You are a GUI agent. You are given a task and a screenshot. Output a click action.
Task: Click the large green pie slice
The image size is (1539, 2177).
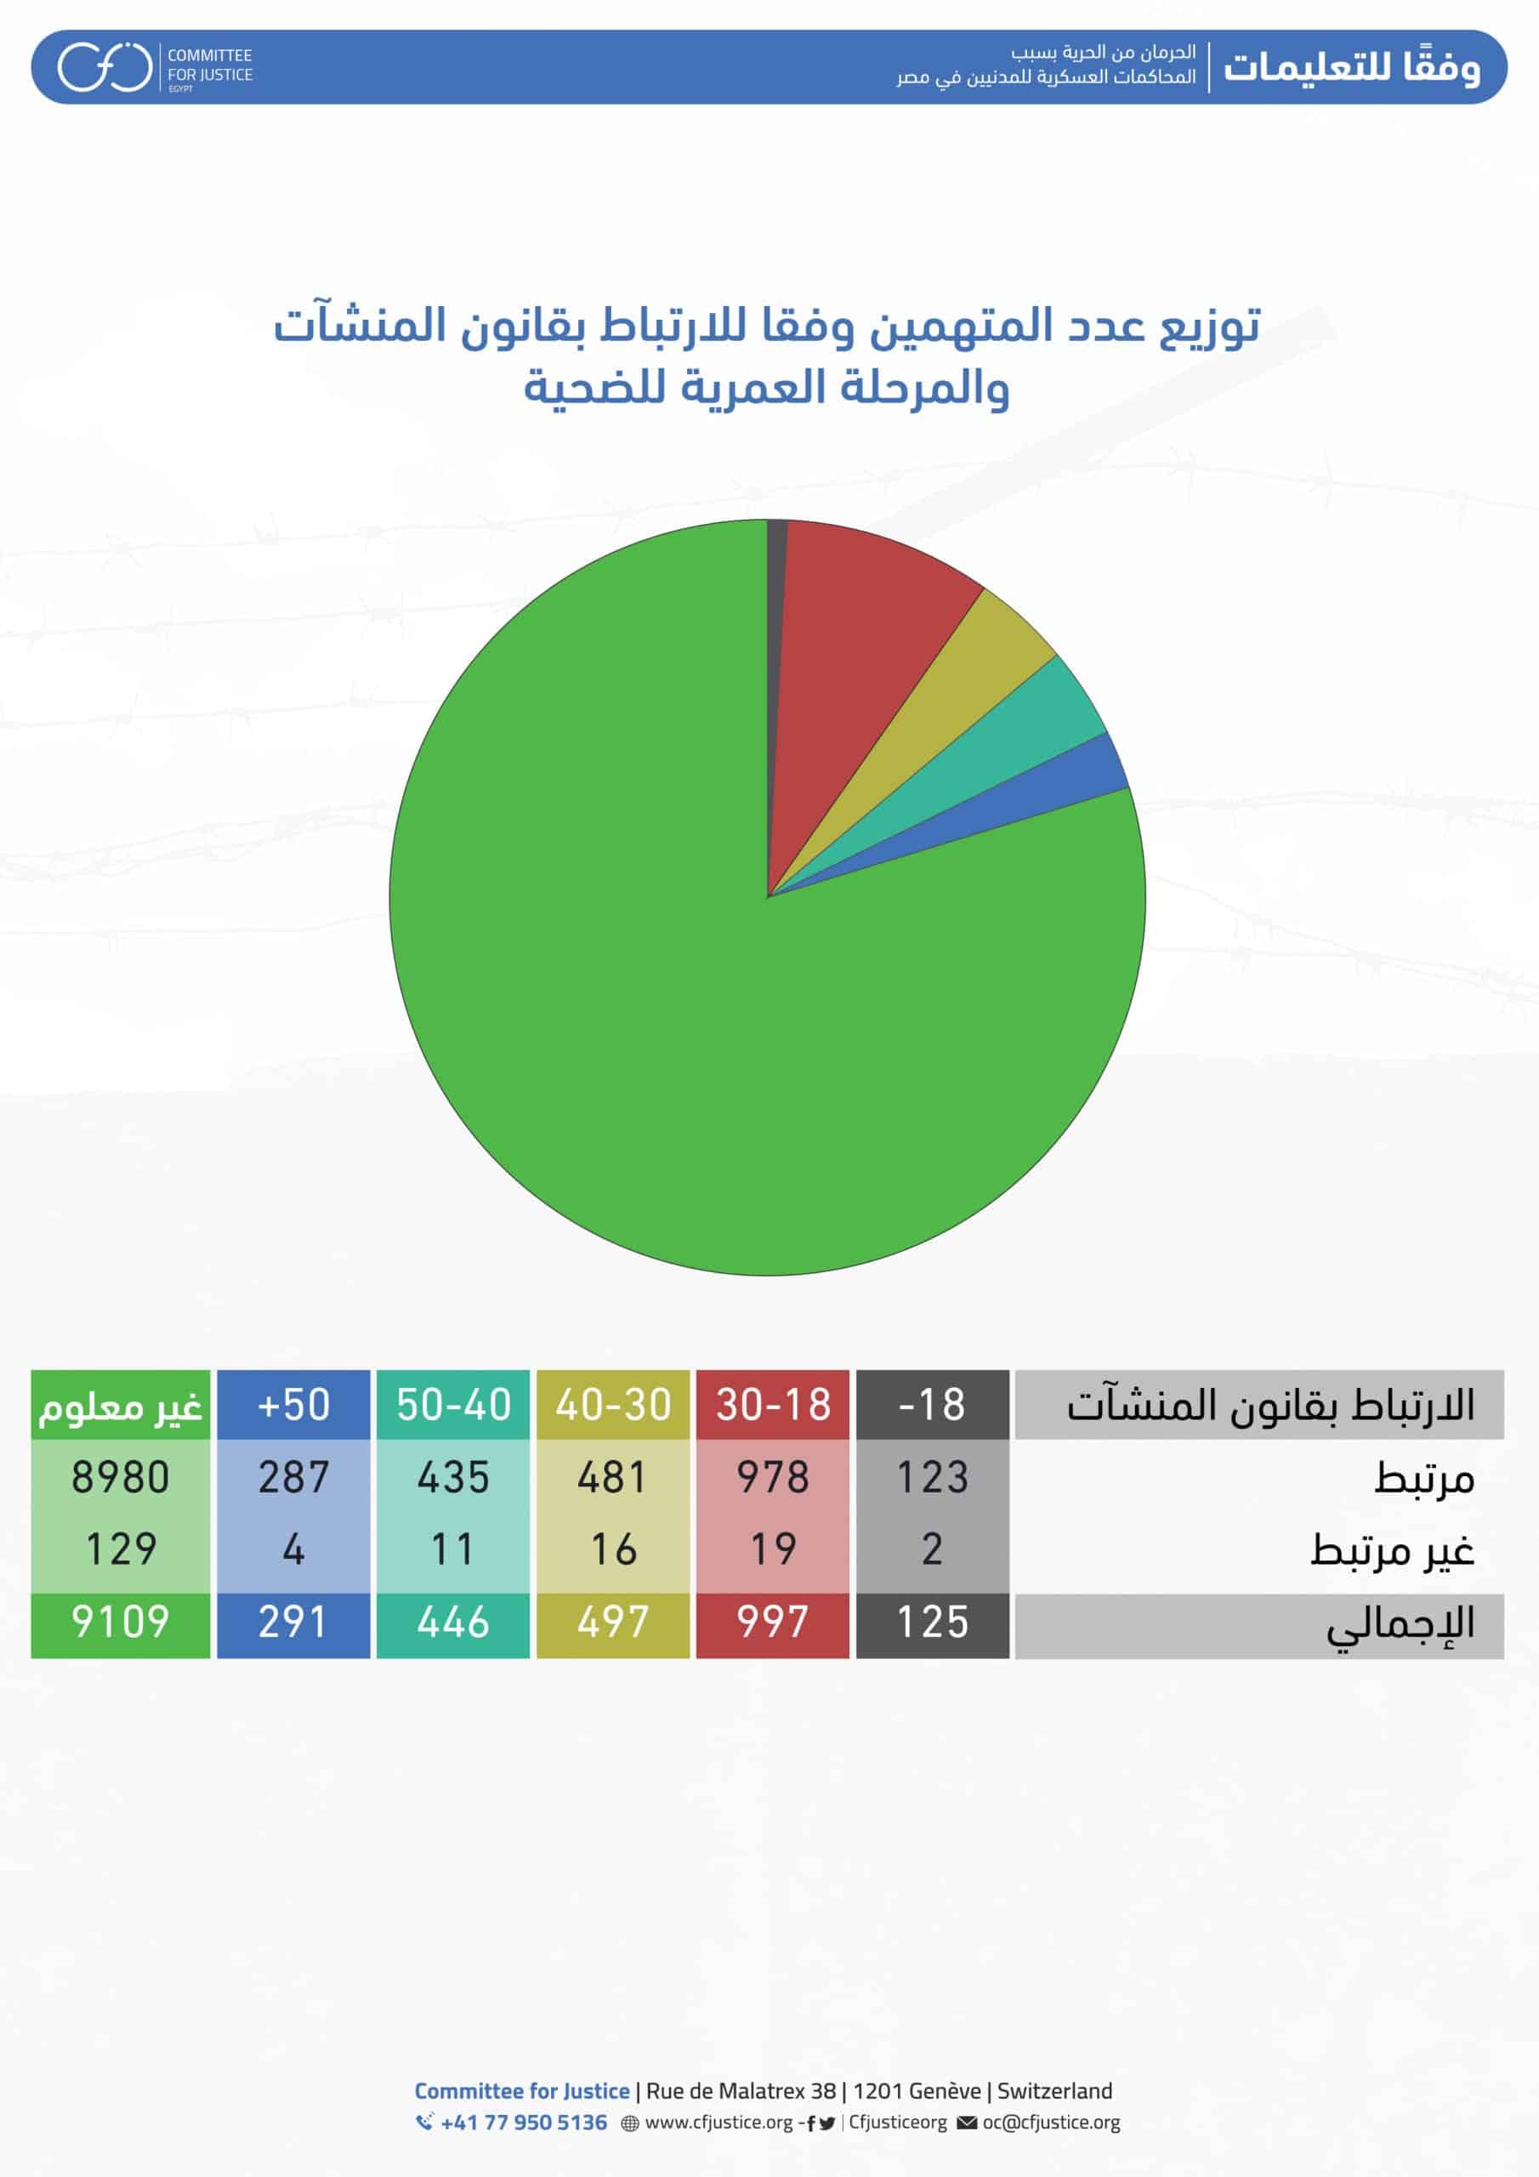(664, 996)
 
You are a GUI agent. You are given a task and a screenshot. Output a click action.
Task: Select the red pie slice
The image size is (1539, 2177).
(854, 645)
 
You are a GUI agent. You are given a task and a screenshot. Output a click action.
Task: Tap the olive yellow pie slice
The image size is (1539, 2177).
(957, 692)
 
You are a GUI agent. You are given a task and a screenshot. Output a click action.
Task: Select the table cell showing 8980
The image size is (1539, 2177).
(121, 1477)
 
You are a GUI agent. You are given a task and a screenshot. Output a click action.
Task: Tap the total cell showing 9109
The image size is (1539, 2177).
(121, 1622)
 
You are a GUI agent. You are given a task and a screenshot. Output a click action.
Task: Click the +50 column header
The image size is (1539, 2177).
(293, 1404)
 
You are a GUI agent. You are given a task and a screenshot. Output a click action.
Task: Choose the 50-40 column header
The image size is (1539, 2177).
(453, 1404)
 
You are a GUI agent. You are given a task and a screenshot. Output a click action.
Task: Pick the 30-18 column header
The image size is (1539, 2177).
(773, 1404)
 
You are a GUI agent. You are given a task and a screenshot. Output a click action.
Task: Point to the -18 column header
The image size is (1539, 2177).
(932, 1404)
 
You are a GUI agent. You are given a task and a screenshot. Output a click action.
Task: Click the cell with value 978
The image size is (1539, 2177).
(773, 1477)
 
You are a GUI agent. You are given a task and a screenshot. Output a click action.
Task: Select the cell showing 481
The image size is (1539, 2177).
(612, 1477)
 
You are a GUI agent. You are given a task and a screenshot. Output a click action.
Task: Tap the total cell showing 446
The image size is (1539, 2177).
(453, 1622)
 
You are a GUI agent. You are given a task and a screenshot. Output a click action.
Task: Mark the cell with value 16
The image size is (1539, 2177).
(612, 1549)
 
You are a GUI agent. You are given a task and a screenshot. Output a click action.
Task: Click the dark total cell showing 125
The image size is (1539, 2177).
(932, 1622)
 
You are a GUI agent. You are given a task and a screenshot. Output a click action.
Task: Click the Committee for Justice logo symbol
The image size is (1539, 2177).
(105, 66)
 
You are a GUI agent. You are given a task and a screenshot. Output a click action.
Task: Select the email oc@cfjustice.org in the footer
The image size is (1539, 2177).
(1051, 2122)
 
